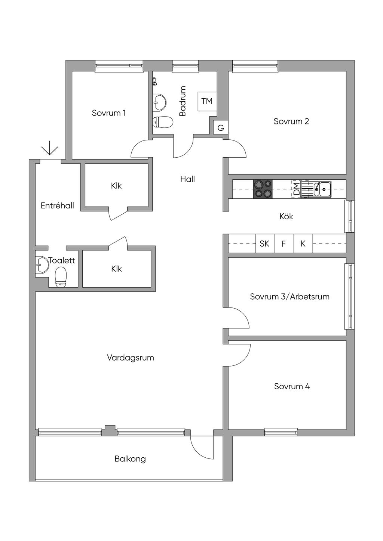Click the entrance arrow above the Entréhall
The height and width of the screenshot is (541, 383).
50,148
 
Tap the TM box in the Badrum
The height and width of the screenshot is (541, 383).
207,101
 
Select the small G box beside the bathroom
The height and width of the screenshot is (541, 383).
221,127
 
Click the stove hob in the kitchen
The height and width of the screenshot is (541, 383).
263,189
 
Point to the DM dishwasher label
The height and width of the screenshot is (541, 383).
296,189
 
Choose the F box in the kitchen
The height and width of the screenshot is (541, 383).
284,244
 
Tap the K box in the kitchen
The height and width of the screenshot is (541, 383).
303,244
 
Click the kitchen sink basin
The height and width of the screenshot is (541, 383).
325,189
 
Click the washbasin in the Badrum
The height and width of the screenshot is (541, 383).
160,102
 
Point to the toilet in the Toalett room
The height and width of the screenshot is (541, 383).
61,277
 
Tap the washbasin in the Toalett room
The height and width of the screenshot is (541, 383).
42,265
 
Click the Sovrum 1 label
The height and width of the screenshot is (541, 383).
109,113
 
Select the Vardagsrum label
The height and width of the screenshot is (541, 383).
130,358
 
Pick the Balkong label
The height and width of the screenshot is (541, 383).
130,459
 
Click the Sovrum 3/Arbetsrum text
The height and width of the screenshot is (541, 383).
289,296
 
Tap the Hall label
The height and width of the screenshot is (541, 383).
188,179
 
